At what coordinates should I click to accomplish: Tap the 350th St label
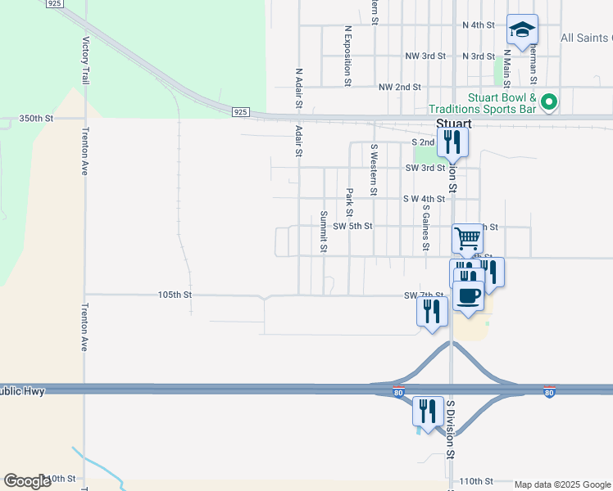coord(37,119)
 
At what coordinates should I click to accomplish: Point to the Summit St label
coord(324,232)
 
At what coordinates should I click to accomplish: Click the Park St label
coord(349,197)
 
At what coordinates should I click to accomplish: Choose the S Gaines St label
coord(426,227)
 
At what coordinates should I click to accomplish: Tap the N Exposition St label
coord(348,56)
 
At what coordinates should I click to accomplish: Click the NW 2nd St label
coord(399,87)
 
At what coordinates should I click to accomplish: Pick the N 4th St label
coord(479,25)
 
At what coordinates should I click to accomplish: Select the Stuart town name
coord(453,124)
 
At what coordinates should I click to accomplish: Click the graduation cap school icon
coord(522,30)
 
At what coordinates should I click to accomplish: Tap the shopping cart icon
coord(467,238)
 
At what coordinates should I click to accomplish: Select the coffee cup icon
coord(469,295)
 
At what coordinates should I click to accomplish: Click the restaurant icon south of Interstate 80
coord(427,410)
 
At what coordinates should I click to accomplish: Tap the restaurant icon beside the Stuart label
coord(452,142)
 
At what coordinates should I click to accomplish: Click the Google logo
coord(27,481)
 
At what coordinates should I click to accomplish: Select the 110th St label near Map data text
coord(477,481)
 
